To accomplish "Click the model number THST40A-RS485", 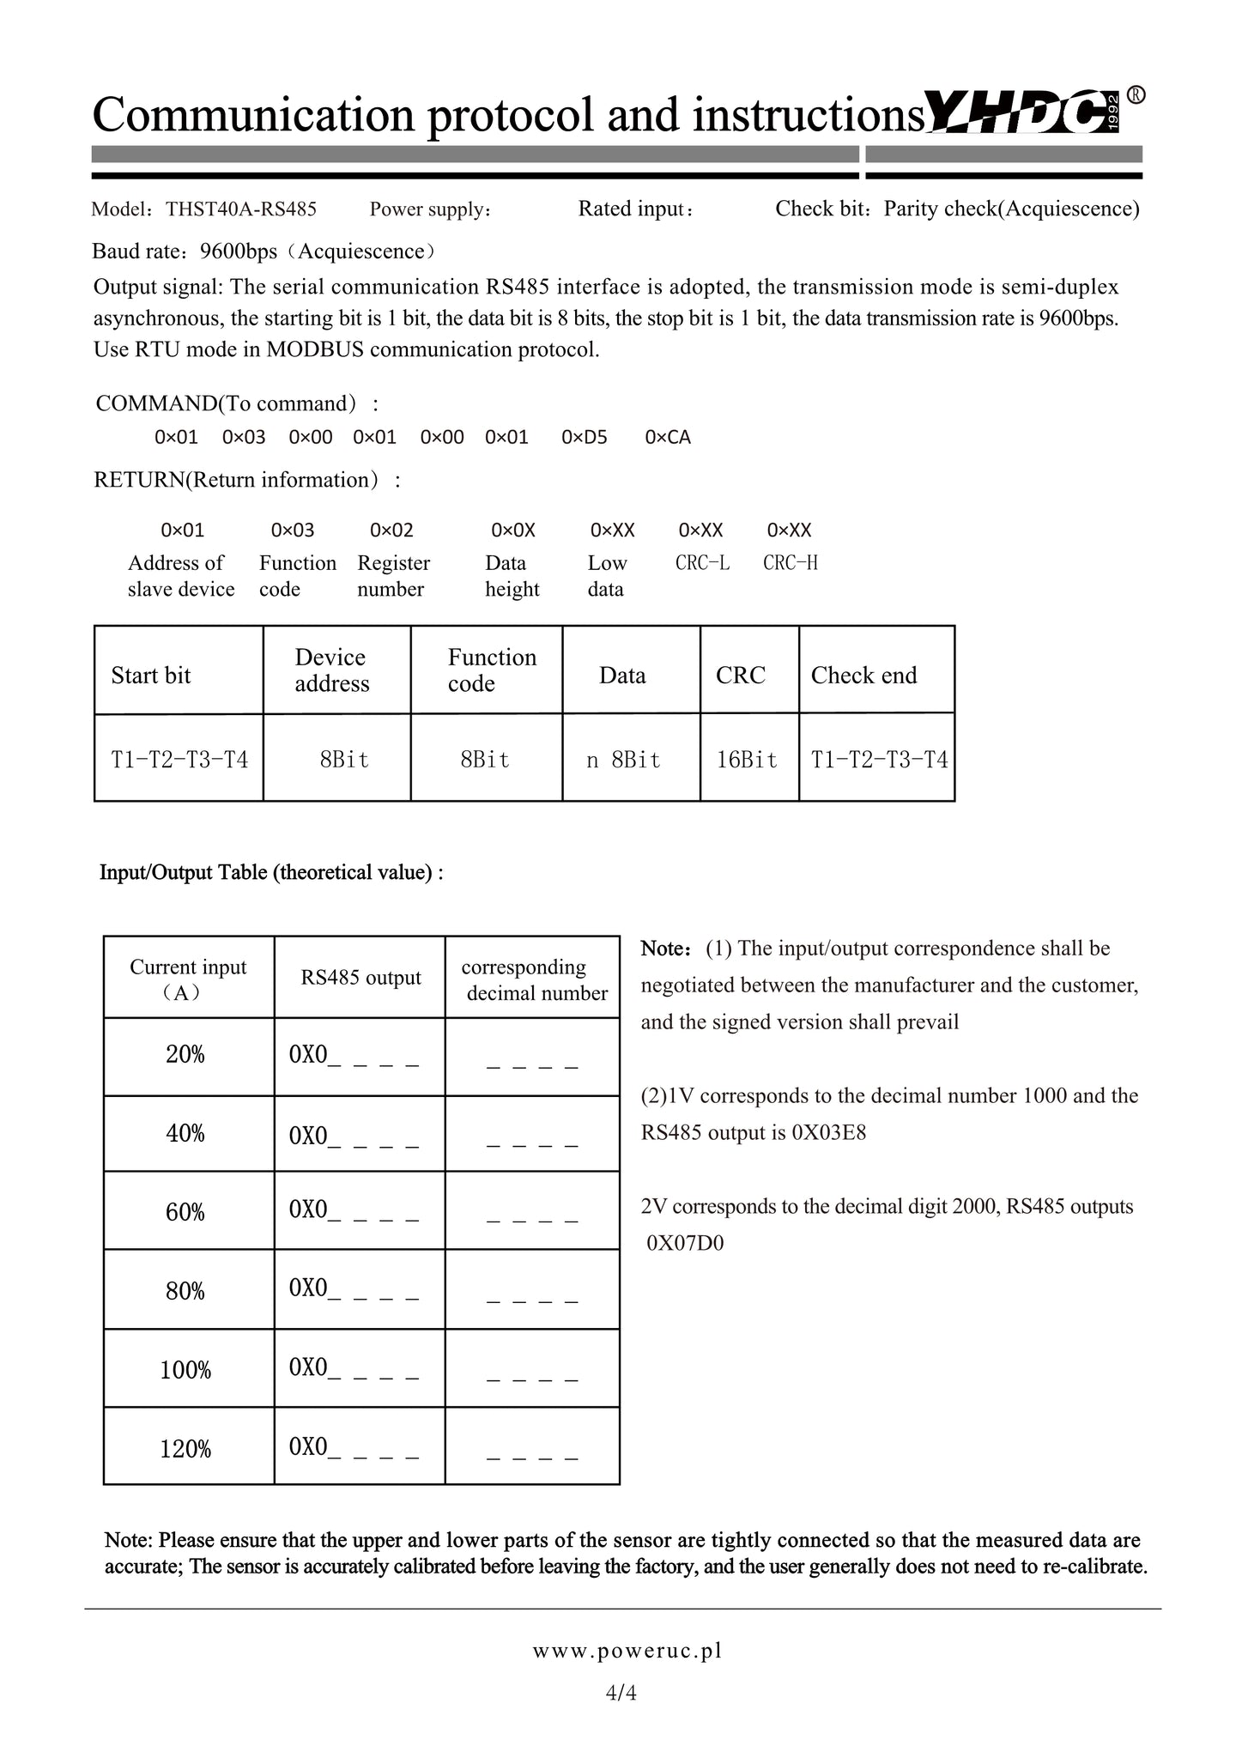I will (x=241, y=209).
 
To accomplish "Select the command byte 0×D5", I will (x=584, y=438).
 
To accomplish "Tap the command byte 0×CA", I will (x=667, y=438).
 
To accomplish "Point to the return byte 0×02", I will (x=391, y=530).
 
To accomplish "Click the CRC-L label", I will (x=702, y=563).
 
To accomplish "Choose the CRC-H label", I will (x=791, y=563).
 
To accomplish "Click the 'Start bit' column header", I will (x=151, y=676).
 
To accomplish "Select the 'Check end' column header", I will (x=863, y=676).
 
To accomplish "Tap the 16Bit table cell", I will (x=747, y=760).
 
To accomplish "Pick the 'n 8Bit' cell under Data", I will (x=623, y=760).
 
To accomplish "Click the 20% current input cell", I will (x=185, y=1055).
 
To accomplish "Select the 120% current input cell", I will (x=185, y=1450).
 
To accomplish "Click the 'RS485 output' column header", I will (x=360, y=978).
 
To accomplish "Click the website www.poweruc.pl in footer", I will (x=627, y=1651).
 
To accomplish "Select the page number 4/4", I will (x=621, y=1693).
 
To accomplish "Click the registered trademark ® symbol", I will (x=1135, y=95).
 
